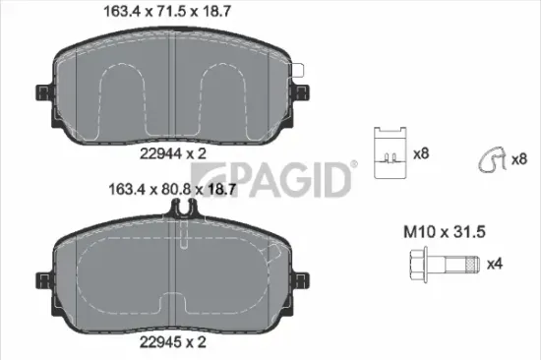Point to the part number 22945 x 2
click(x=173, y=341)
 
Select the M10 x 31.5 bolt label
click(x=446, y=232)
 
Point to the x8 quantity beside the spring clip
click(x=518, y=158)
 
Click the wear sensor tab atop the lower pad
click(x=182, y=209)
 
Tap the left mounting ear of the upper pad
click(x=42, y=93)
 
